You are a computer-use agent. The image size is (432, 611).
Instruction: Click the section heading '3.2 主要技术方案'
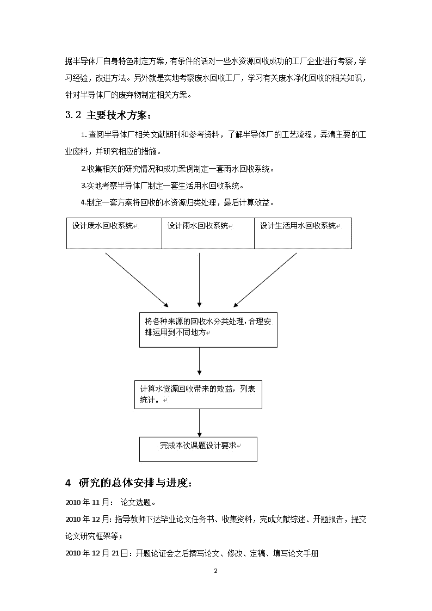pyautogui.click(x=108, y=115)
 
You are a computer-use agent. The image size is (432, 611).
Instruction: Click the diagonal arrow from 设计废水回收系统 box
pyautogui.click(x=137, y=280)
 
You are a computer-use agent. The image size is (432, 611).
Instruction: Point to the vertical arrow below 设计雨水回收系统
pyautogui.click(x=200, y=280)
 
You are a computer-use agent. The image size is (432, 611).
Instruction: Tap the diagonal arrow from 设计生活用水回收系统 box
pyautogui.click(x=266, y=280)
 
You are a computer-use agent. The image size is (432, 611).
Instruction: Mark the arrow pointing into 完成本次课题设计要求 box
pyautogui.click(x=200, y=423)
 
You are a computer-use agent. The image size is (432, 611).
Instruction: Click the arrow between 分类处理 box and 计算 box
pyautogui.click(x=200, y=364)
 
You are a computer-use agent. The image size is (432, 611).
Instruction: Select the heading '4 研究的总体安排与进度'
pyautogui.click(x=128, y=483)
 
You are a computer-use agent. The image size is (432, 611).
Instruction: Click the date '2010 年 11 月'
pyautogui.click(x=87, y=503)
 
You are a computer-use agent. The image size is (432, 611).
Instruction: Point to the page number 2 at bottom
pyautogui.click(x=216, y=571)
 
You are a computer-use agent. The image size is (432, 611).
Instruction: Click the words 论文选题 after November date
pyautogui.click(x=135, y=503)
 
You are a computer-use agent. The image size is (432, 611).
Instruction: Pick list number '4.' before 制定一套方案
pyautogui.click(x=83, y=202)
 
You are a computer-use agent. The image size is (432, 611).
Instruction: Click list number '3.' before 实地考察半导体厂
pyautogui.click(x=83, y=186)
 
